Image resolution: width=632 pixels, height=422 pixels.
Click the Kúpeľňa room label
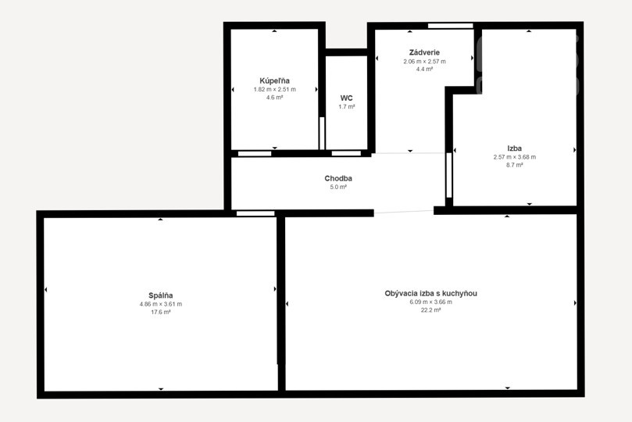pyautogui.click(x=274, y=80)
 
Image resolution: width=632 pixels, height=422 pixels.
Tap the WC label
pyautogui.click(x=347, y=98)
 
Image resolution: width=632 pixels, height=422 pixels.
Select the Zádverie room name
pyautogui.click(x=424, y=52)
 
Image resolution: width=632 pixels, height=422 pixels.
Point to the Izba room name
pyautogui.click(x=515, y=148)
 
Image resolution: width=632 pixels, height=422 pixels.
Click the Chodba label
pyautogui.click(x=338, y=178)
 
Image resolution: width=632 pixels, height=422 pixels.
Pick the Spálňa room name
pyautogui.click(x=160, y=295)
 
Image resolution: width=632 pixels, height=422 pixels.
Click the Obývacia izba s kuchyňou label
pyautogui.click(x=431, y=293)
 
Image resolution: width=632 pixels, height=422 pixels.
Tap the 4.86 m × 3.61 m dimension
pyautogui.click(x=160, y=304)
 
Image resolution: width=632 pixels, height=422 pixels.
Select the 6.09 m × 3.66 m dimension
pyautogui.click(x=431, y=302)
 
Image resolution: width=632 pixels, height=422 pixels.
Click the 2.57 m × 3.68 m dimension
pyautogui.click(x=515, y=157)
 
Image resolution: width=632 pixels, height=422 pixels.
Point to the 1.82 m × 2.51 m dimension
pyautogui.click(x=274, y=89)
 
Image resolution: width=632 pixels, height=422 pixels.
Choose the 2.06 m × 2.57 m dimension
pyautogui.click(x=424, y=62)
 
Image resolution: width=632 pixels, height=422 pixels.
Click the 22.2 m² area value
pyautogui.click(x=431, y=310)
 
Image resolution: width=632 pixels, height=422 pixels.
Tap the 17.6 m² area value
pyautogui.click(x=160, y=312)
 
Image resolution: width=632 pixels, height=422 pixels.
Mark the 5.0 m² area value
pyautogui.click(x=338, y=187)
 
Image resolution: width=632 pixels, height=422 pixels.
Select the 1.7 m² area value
pyautogui.click(x=347, y=107)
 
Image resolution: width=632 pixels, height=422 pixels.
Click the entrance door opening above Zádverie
pyautogui.click(x=450, y=26)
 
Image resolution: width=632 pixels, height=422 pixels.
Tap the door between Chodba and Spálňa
pyautogui.click(x=255, y=213)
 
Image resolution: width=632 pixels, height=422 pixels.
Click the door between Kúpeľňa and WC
pyautogui.click(x=322, y=133)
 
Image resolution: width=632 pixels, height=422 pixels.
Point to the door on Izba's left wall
pyautogui.click(x=449, y=175)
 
